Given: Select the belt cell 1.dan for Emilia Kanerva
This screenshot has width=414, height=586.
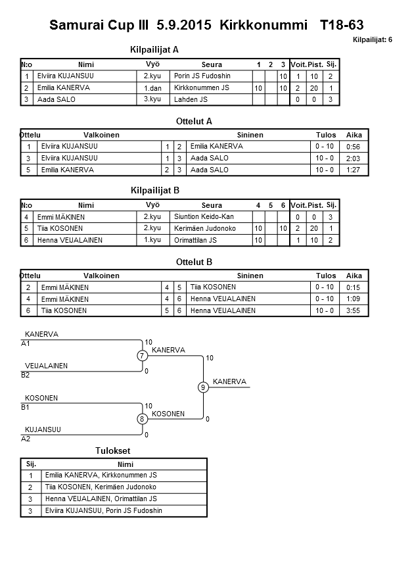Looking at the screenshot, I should coord(152,88).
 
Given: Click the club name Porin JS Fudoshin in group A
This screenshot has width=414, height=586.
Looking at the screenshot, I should coord(202,76).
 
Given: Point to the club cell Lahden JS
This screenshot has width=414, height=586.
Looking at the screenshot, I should coord(191,100).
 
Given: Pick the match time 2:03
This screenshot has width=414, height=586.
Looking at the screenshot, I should coord(354,159).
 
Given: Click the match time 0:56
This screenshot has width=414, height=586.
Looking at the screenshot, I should coord(354,147).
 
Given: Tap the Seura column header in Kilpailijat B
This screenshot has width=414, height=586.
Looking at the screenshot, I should coord(212,205).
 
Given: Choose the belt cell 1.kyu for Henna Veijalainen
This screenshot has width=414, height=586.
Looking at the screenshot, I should coord(152,241).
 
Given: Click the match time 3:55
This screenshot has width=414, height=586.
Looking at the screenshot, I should coord(354,311).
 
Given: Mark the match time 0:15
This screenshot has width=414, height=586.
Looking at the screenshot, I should coord(354,287).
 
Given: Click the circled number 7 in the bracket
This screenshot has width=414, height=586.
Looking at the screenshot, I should coord(141,356).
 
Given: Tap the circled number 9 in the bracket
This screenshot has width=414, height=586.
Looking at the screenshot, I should coord(203,387).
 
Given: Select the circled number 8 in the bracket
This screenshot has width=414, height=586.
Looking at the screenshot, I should coord(141,419).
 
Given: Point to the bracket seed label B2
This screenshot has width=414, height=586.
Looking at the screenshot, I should coord(26,375).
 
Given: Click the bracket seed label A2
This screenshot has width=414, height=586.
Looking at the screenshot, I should coord(26,438).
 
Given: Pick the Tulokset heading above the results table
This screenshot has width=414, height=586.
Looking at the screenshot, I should coord(112,451).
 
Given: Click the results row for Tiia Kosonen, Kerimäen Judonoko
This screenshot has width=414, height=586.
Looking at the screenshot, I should coord(100,487).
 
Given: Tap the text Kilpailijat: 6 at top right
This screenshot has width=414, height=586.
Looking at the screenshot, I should coord(373,40).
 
